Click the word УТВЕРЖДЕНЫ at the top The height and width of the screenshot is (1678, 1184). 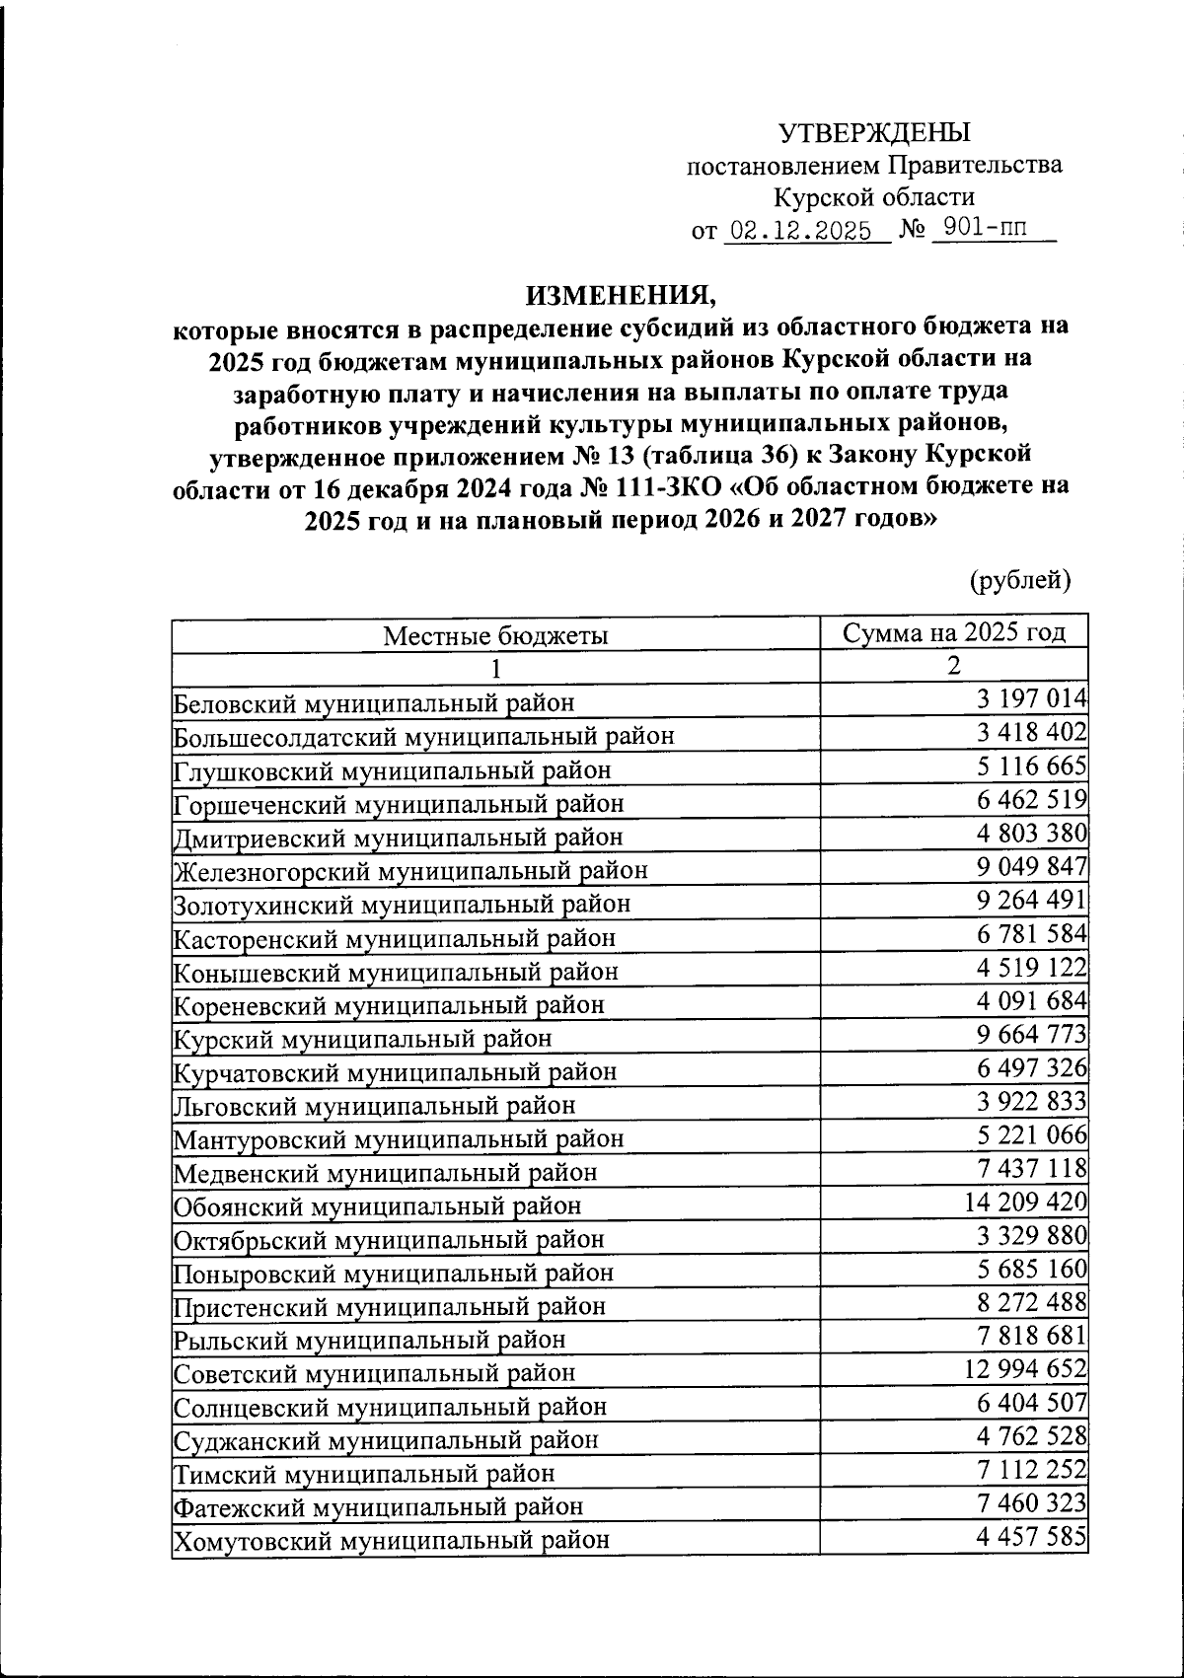[x=874, y=132]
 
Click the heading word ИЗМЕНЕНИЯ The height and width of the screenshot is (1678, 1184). [x=618, y=294]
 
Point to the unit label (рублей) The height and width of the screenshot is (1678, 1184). [x=1020, y=580]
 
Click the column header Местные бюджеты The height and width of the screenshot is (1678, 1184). [x=495, y=635]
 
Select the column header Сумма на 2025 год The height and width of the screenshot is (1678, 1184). [x=954, y=632]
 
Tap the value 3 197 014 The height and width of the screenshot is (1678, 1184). [x=1031, y=699]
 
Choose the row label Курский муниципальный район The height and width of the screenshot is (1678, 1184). [x=362, y=1039]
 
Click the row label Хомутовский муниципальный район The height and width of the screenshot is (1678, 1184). [x=391, y=1540]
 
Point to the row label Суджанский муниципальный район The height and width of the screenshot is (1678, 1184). [x=386, y=1439]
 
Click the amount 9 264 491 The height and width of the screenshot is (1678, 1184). [x=1031, y=901]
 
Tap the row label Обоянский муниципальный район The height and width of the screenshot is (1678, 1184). [x=377, y=1205]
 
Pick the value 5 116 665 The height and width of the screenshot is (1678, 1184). [x=1031, y=766]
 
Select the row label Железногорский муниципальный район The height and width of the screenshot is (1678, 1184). [x=410, y=871]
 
